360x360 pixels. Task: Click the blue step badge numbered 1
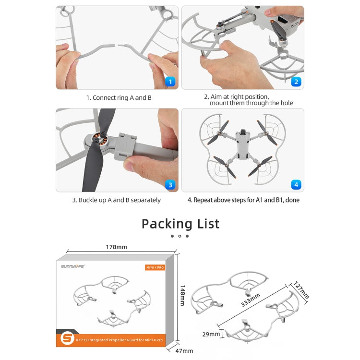click(x=170, y=82)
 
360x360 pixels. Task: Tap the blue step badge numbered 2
click(x=296, y=82)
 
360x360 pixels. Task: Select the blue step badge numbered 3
click(x=170, y=184)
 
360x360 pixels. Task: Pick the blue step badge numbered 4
click(x=296, y=184)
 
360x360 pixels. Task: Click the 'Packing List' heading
click(x=180, y=224)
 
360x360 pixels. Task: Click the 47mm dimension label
click(x=180, y=351)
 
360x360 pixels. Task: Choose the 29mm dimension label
click(x=211, y=334)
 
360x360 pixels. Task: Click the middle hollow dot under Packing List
click(x=180, y=236)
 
